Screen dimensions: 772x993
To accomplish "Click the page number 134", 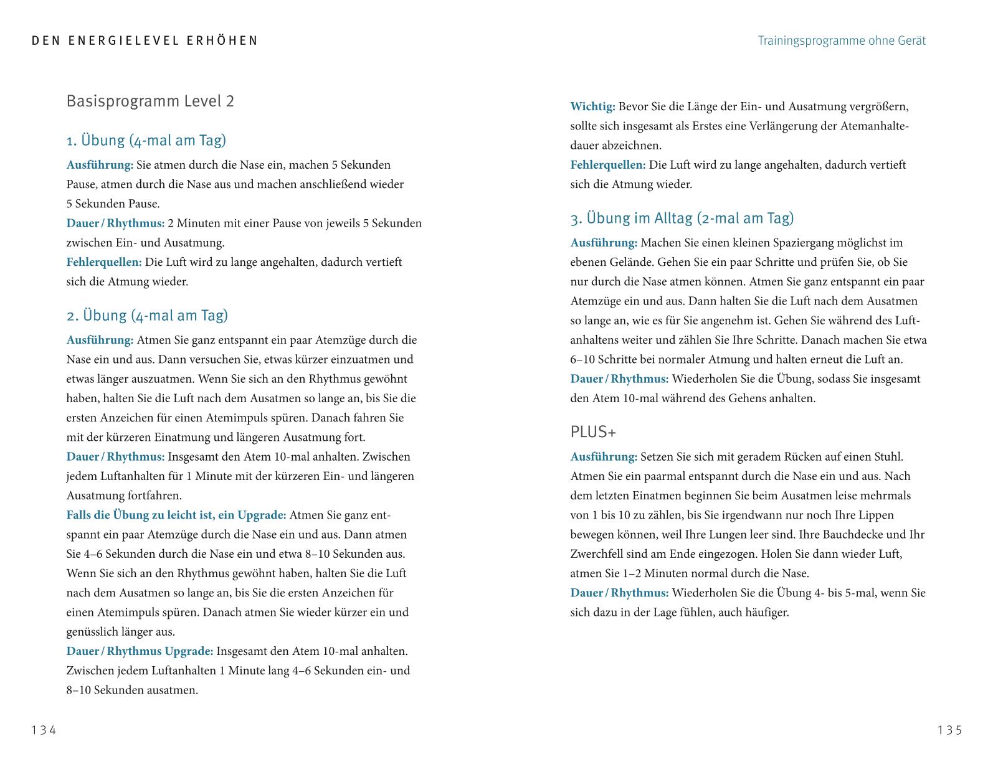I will click(44, 730).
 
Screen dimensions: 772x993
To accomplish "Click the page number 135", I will click(949, 730).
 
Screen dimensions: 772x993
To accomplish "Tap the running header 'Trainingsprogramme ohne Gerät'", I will click(841, 41).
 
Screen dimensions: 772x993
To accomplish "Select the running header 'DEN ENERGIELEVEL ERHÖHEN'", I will click(145, 41).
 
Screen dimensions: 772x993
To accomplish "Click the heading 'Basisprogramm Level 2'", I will click(150, 101).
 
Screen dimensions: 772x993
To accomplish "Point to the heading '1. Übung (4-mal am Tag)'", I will click(146, 140).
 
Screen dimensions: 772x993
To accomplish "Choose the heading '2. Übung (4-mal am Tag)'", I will click(147, 315).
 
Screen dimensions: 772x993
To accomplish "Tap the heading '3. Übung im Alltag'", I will click(682, 218).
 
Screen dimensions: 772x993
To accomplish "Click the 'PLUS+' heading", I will click(593, 431).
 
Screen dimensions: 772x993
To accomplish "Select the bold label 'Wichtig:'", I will click(592, 106).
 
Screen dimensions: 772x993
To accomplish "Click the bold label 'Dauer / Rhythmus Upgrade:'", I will click(140, 651).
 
